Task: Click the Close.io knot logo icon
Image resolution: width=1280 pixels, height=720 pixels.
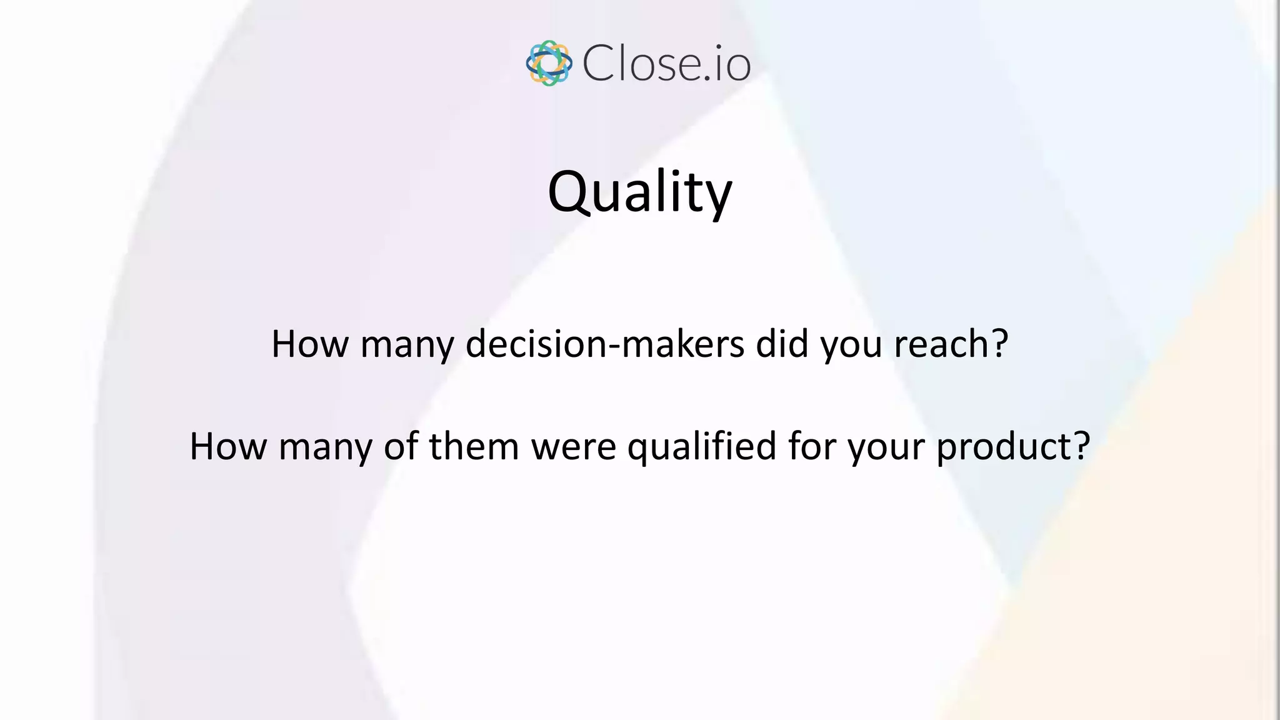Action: [549, 63]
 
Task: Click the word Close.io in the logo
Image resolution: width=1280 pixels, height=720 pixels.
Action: [666, 64]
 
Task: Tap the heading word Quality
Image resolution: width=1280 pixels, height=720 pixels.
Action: [639, 192]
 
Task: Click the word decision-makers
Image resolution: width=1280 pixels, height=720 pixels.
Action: [605, 344]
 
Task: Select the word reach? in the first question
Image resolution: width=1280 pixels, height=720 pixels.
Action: [951, 344]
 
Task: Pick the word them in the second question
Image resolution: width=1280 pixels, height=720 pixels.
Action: [474, 446]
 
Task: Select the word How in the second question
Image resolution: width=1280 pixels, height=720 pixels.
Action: [228, 446]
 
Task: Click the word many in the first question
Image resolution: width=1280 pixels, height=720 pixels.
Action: [407, 345]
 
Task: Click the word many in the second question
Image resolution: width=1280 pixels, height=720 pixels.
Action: [325, 447]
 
